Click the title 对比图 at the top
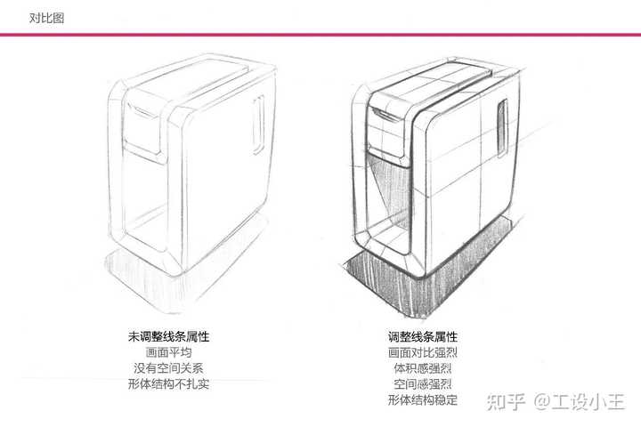(46, 17)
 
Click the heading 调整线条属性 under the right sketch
(423, 337)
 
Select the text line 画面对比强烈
(423, 353)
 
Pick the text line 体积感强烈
(423, 368)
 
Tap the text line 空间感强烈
(423, 384)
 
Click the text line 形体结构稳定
(423, 400)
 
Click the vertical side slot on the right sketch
(502, 126)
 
